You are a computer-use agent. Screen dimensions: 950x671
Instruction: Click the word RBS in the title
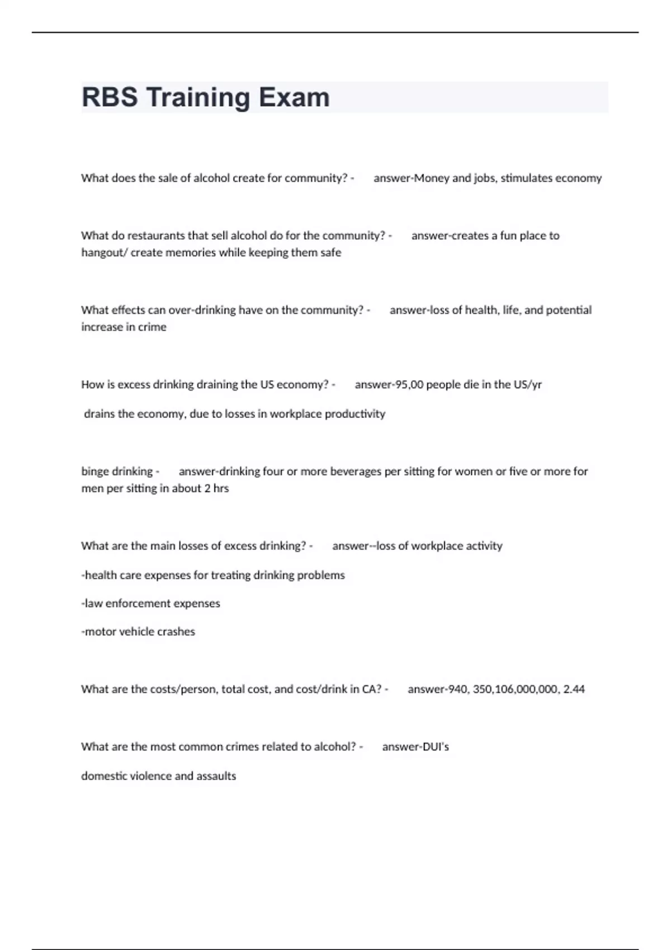tap(110, 97)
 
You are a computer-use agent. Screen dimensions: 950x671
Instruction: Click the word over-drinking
tap(202, 310)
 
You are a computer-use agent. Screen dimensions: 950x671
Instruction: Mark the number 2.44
tap(574, 690)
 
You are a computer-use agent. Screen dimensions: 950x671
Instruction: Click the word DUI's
tap(434, 747)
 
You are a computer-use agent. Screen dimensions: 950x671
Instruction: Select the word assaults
tap(216, 776)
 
